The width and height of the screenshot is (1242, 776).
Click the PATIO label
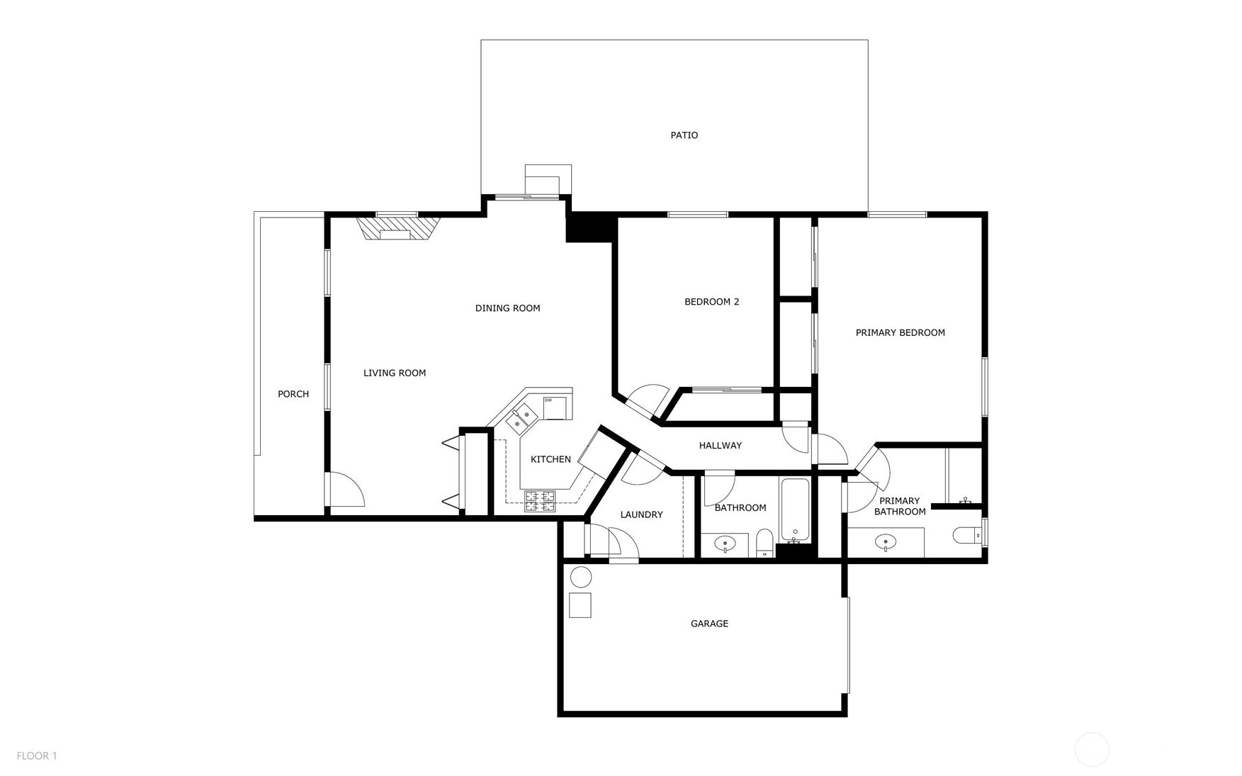[x=684, y=135]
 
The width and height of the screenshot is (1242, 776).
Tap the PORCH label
[x=293, y=394]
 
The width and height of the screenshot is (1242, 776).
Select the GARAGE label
[x=709, y=624]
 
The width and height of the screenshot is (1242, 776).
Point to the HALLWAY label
[x=720, y=446]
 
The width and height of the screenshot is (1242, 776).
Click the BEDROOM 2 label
[x=711, y=302]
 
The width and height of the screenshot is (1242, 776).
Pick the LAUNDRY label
[x=641, y=514]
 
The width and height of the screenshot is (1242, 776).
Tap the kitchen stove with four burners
[x=540, y=502]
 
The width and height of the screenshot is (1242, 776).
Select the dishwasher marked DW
[x=556, y=408]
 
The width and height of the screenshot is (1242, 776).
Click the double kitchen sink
[x=521, y=417]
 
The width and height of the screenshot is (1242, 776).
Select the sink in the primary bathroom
[x=885, y=543]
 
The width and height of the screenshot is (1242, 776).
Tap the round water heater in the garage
[x=581, y=577]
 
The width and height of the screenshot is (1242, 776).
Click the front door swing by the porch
[x=347, y=490]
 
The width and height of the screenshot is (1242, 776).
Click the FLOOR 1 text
[x=37, y=756]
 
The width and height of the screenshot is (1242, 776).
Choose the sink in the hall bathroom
[x=724, y=544]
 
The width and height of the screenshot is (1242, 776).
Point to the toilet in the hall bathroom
[x=764, y=543]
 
